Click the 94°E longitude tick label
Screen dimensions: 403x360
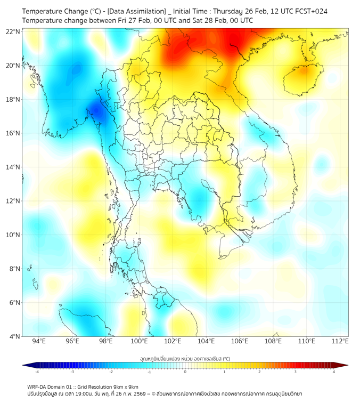point(39,341)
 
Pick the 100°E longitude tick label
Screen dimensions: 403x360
point(139,341)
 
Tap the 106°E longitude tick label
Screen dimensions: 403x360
point(240,341)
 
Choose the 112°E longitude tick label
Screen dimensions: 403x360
point(340,341)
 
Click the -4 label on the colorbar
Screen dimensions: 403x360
point(36,372)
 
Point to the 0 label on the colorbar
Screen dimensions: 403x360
point(185,372)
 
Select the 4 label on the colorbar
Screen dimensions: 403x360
point(334,372)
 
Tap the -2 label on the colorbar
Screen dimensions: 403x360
point(111,372)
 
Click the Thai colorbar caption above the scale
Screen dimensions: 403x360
point(185,359)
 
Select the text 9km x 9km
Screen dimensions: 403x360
point(123,387)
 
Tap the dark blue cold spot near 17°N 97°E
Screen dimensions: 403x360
point(96,111)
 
